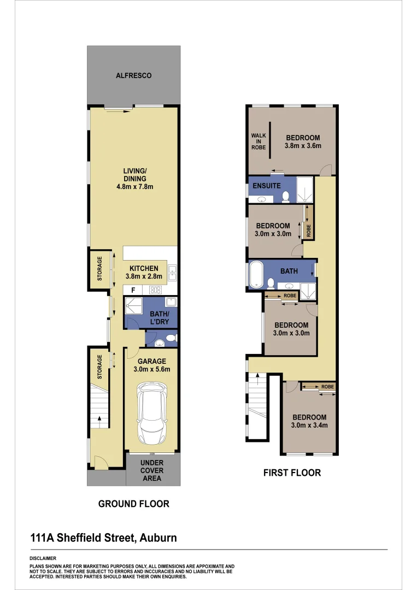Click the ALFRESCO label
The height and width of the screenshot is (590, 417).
click(133, 75)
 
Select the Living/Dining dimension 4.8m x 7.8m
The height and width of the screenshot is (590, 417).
click(133, 187)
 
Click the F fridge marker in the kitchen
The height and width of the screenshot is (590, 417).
click(133, 290)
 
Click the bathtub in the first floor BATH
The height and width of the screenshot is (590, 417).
click(256, 275)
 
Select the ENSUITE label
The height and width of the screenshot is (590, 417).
click(267, 186)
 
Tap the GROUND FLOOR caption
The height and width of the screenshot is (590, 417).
click(133, 504)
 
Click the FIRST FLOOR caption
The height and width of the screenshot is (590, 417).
click(292, 473)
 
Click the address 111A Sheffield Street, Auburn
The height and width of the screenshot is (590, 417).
click(103, 538)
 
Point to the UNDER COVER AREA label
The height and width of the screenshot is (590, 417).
click(152, 470)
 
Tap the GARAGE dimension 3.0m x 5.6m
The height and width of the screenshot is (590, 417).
click(151, 369)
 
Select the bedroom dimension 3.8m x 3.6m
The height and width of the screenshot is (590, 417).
click(302, 146)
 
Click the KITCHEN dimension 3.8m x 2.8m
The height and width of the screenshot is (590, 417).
click(144, 276)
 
